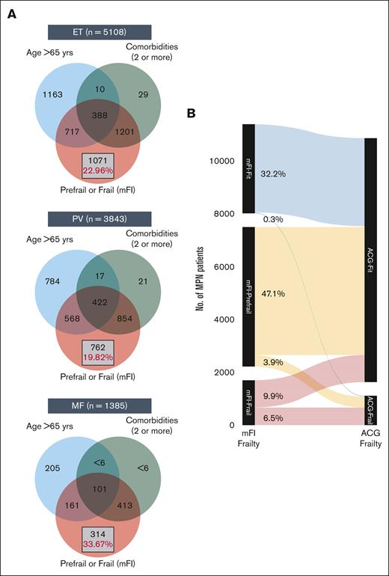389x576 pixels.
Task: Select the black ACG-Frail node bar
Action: [371, 410]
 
